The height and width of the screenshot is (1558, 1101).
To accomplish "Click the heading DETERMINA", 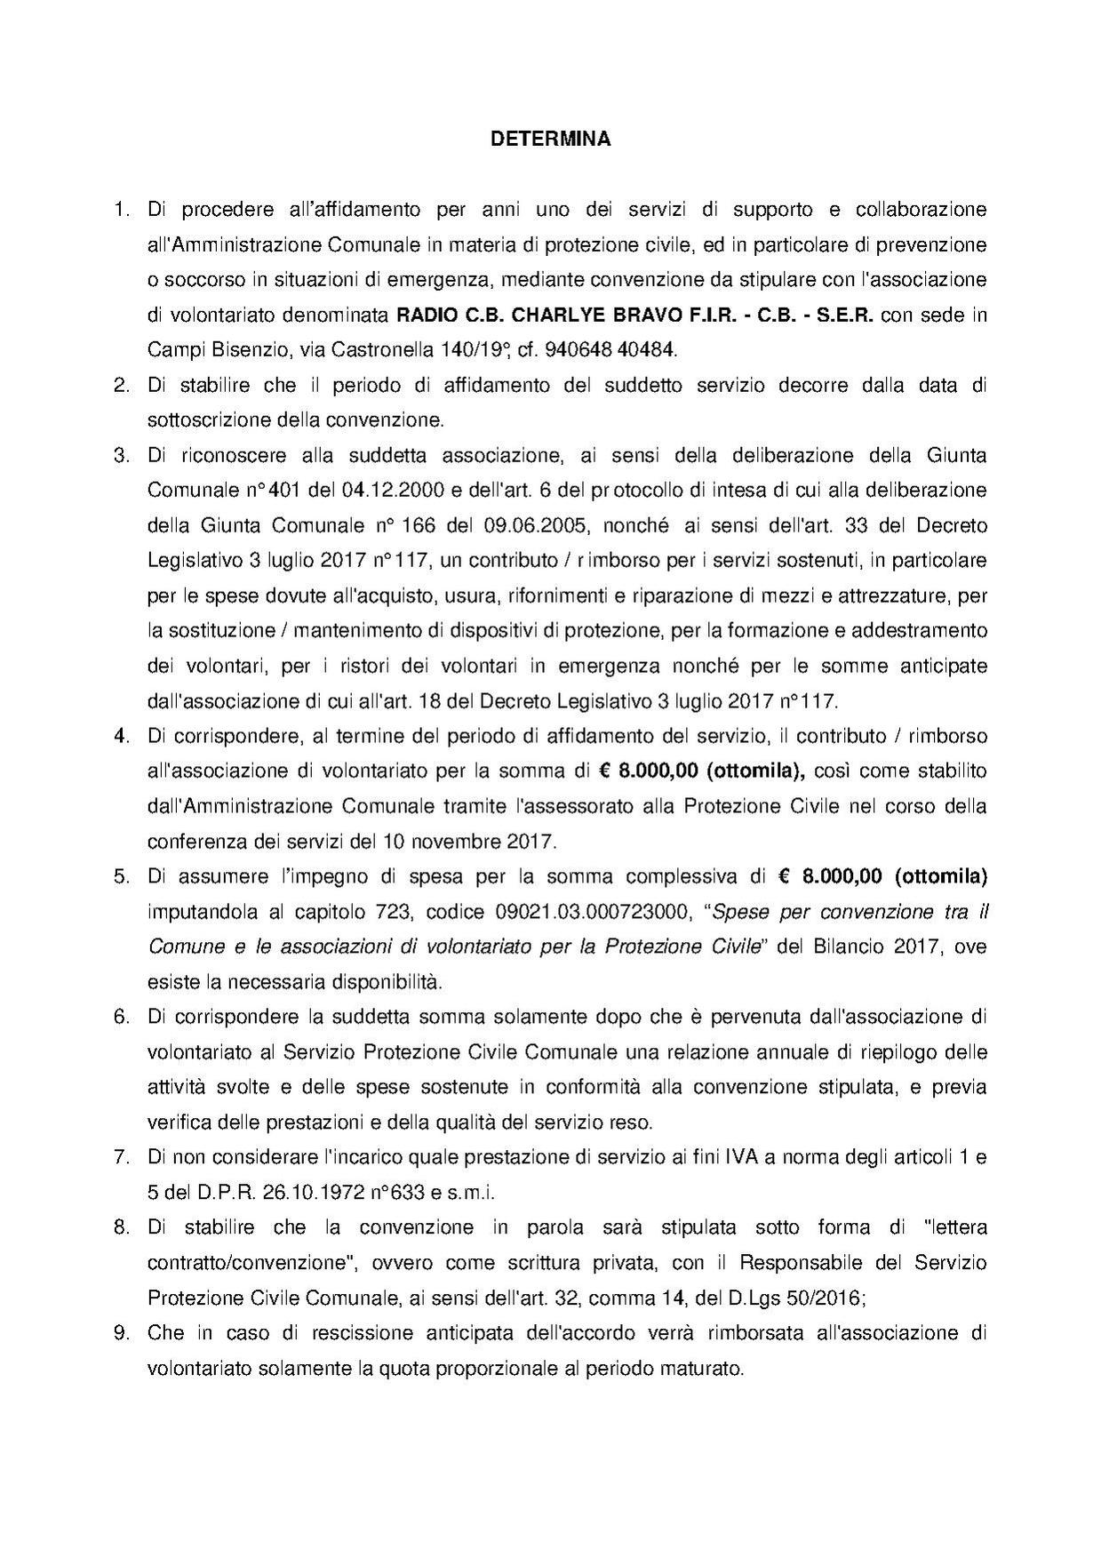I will click(551, 140).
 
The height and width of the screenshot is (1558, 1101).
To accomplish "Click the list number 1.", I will click(121, 210).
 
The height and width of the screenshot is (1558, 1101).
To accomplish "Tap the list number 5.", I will click(122, 877).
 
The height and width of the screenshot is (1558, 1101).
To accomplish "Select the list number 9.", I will click(122, 1333).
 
